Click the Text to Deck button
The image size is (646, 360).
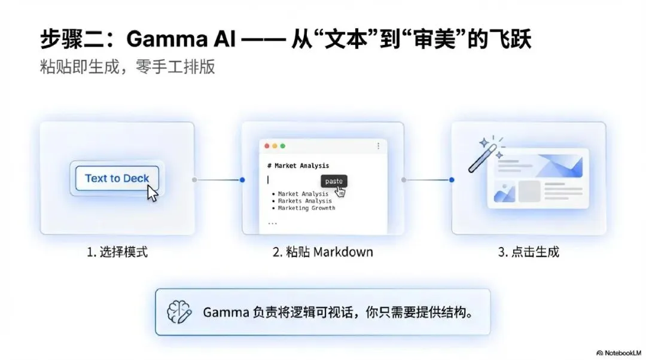pyautogui.click(x=117, y=178)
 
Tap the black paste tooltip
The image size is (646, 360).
pyautogui.click(x=334, y=181)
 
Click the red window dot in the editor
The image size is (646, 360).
pyautogui.click(x=266, y=146)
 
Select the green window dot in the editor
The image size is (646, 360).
pyautogui.click(x=283, y=146)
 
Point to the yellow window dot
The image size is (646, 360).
pyautogui.click(x=275, y=146)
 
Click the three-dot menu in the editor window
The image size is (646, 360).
pyautogui.click(x=378, y=146)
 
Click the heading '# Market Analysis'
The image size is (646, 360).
pyautogui.click(x=298, y=166)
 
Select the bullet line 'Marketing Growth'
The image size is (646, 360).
pyautogui.click(x=306, y=208)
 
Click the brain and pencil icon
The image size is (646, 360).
pyautogui.click(x=179, y=312)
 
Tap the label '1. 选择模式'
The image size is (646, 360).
pyautogui.click(x=117, y=252)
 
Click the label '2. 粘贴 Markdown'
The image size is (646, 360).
pyautogui.click(x=322, y=252)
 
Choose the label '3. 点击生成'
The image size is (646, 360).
pyautogui.click(x=528, y=252)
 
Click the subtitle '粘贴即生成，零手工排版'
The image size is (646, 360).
pyautogui.click(x=127, y=66)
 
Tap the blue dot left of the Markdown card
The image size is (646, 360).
pyautogui.click(x=242, y=179)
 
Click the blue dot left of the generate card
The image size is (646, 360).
pyautogui.click(x=452, y=179)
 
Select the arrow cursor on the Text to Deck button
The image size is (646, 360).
pyautogui.click(x=153, y=193)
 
